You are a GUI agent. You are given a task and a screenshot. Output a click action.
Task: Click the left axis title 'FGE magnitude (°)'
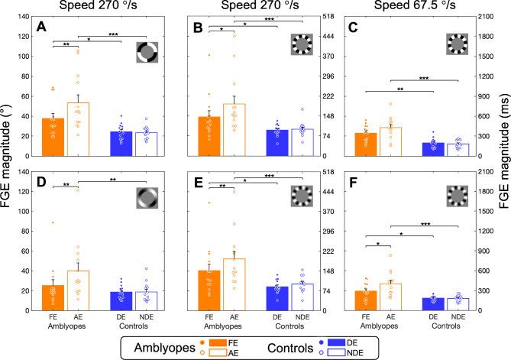pyautogui.click(x=9, y=164)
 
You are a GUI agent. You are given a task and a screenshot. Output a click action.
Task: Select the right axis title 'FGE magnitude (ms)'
pyautogui.click(x=502, y=164)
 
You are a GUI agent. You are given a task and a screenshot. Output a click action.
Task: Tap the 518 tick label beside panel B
pyautogui.click(x=327, y=16)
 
